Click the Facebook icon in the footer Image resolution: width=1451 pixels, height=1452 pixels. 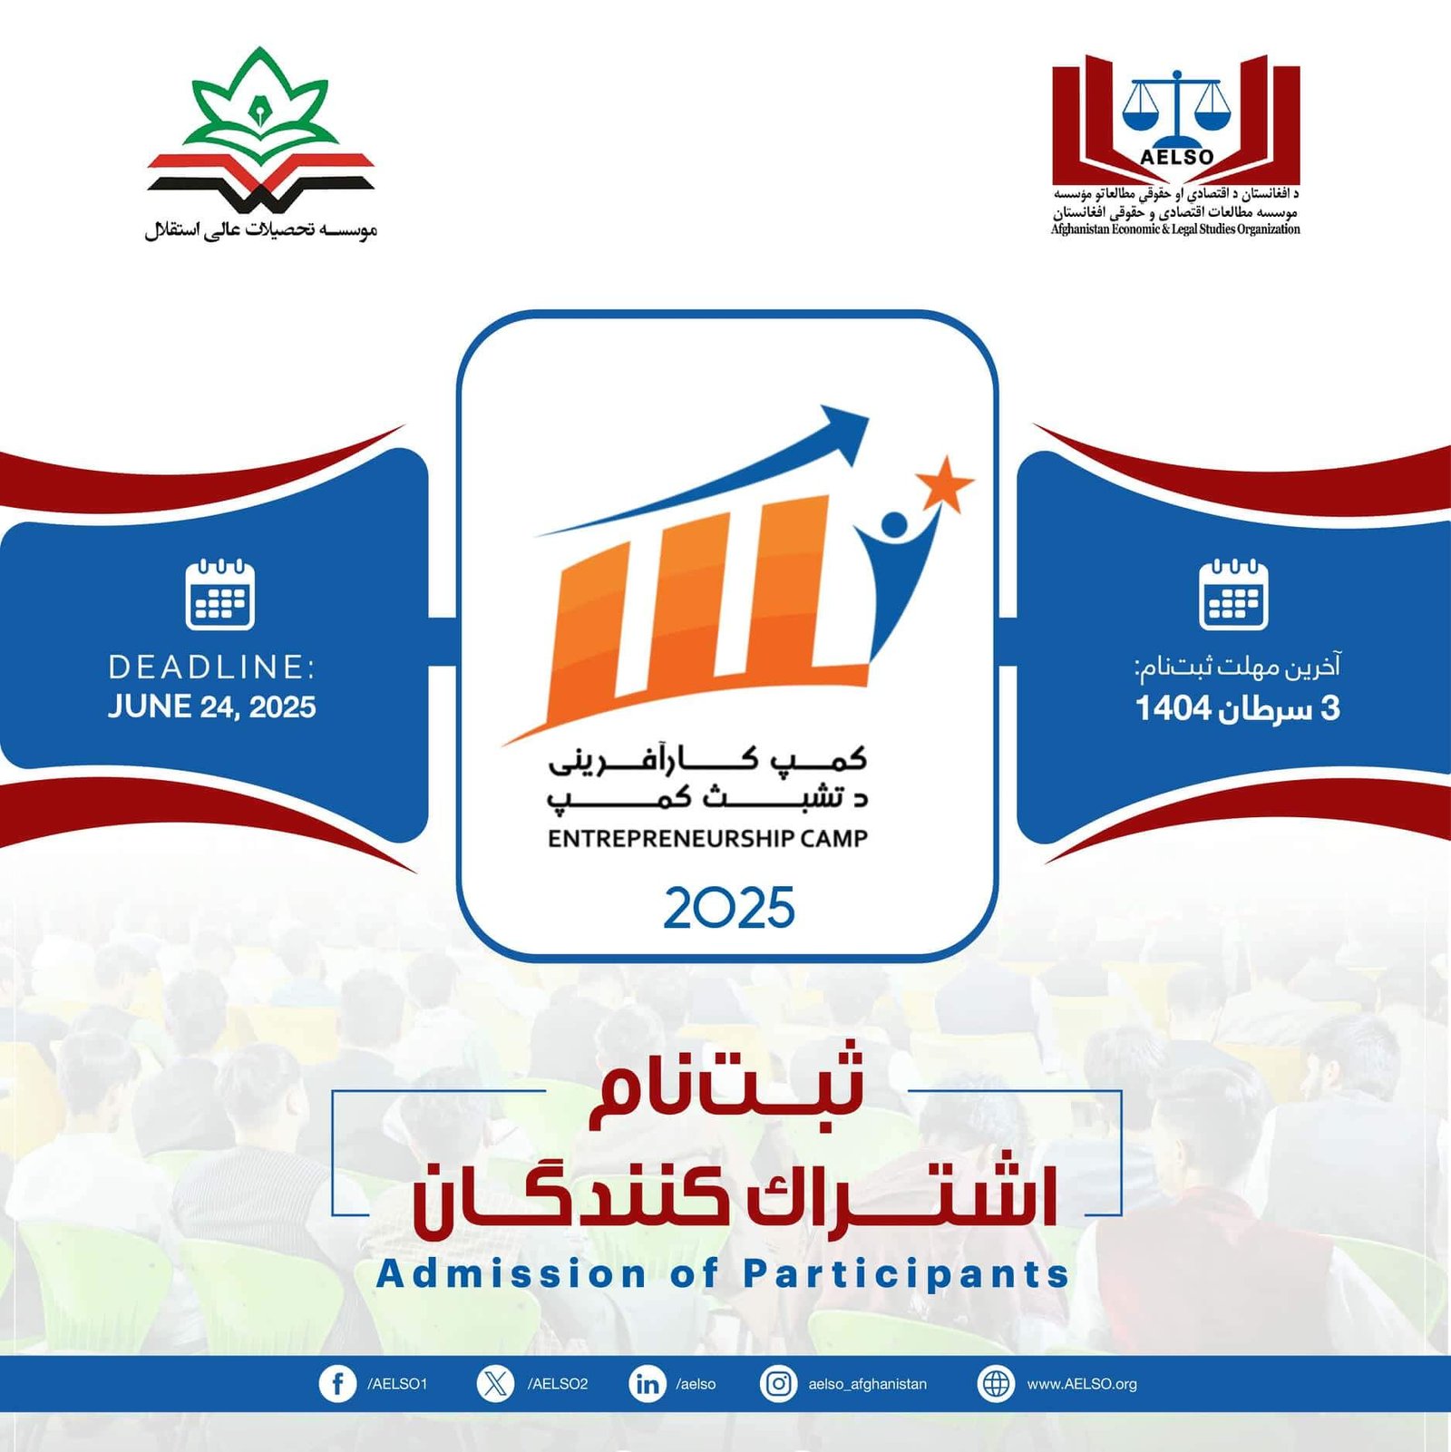tap(337, 1384)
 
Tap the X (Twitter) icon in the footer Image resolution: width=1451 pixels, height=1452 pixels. tap(495, 1384)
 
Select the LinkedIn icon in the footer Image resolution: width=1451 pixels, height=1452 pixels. tap(647, 1384)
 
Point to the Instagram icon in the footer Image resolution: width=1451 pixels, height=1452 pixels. tap(778, 1384)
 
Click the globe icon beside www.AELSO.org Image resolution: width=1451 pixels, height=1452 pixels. tap(996, 1384)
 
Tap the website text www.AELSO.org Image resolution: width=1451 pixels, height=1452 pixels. tap(1082, 1384)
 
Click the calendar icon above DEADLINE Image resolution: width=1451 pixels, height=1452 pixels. tap(219, 595)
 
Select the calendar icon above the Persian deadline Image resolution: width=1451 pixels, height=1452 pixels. tap(1233, 595)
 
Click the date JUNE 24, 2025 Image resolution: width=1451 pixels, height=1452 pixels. tap(212, 707)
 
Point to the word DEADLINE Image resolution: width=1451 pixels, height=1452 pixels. tap(211, 668)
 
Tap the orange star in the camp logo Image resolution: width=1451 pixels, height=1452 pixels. tap(944, 482)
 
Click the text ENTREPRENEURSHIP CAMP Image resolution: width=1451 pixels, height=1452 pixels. tap(707, 838)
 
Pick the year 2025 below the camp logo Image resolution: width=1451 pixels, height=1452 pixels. tap(729, 908)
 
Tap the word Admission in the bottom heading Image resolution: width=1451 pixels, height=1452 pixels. tap(511, 1273)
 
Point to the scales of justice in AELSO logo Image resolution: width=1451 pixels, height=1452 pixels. tap(1176, 106)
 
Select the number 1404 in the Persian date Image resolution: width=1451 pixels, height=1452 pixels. tap(1173, 708)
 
